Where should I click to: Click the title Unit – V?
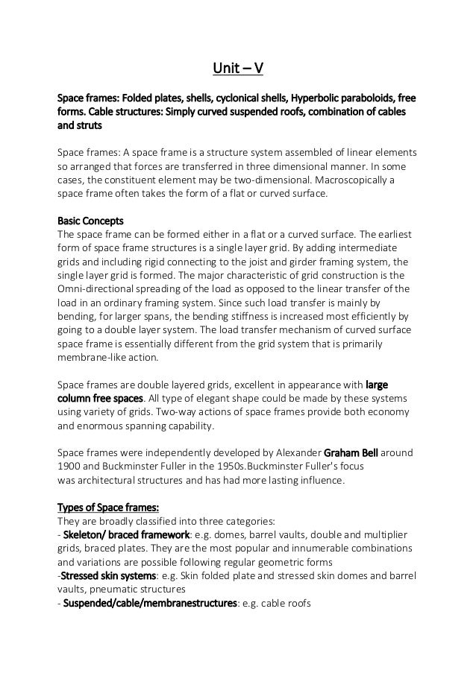pyautogui.click(x=237, y=70)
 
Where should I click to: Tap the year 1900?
pyautogui.click(x=71, y=467)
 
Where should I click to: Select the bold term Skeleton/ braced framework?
pyautogui.click(x=126, y=535)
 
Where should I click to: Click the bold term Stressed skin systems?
pyautogui.click(x=110, y=575)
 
